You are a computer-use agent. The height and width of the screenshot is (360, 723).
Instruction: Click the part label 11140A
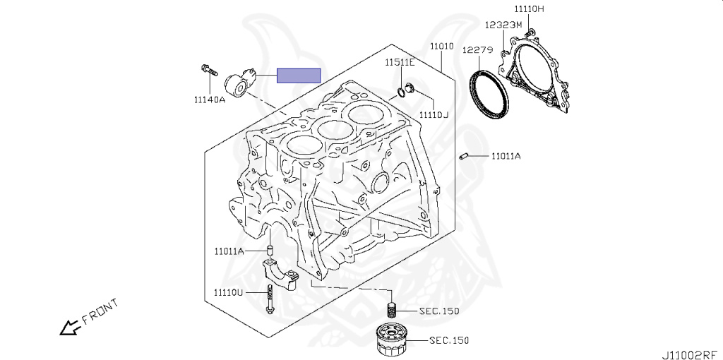click(209, 99)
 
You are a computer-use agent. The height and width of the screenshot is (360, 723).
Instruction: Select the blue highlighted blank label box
click(299, 76)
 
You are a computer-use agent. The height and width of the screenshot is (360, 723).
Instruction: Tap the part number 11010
click(442, 47)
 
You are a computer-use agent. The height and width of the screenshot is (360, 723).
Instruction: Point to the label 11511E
click(400, 62)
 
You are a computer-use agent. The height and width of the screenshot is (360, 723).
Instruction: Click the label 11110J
click(434, 114)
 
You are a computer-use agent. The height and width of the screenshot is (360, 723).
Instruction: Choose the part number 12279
click(478, 50)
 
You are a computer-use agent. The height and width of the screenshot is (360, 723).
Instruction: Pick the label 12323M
click(503, 25)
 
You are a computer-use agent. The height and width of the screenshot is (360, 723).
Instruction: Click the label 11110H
click(530, 8)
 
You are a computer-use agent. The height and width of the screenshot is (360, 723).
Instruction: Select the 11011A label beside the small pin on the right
click(506, 156)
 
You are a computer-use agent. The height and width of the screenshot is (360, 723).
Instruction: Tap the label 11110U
click(228, 292)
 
